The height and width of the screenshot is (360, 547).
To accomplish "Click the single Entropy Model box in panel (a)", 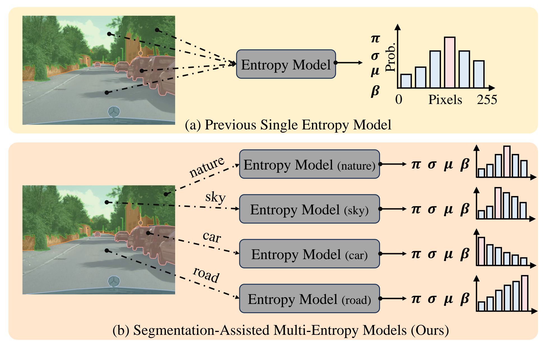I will (x=286, y=64).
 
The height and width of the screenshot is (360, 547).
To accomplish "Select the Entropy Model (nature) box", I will (x=309, y=164).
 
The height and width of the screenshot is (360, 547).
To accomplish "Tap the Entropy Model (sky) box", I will (x=309, y=209).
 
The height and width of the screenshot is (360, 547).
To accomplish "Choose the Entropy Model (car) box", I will (x=309, y=254).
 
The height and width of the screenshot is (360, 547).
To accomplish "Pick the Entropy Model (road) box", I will (x=309, y=299).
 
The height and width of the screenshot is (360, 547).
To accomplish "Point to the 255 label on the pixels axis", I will (x=487, y=100).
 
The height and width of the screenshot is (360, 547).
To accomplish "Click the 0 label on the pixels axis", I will (x=398, y=100).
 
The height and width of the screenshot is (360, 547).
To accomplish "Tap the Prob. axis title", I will (x=390, y=57).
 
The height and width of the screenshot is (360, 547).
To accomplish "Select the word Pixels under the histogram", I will (x=445, y=100).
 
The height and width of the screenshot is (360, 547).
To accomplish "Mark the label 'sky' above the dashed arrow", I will (x=215, y=197).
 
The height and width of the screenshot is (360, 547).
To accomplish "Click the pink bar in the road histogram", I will (x=524, y=293).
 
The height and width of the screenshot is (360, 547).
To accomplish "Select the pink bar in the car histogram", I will (x=481, y=251).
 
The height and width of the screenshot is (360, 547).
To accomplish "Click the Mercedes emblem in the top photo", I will (x=114, y=112).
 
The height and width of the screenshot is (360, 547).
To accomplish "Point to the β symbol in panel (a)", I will (x=375, y=91).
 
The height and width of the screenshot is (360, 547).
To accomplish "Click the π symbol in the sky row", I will (x=416, y=209).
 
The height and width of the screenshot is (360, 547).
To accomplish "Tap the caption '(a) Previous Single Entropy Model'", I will (x=288, y=125).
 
